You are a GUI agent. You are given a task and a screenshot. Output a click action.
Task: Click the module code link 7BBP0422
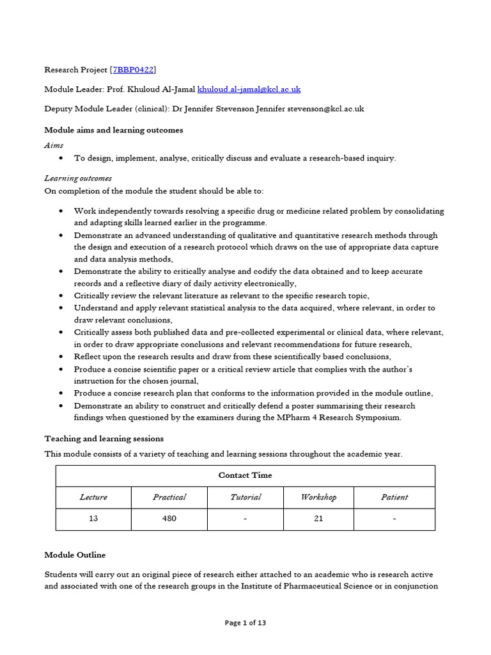(134, 69)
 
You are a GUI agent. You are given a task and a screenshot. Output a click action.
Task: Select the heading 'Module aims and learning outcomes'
(114, 130)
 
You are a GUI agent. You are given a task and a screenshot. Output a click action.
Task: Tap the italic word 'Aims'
(54, 146)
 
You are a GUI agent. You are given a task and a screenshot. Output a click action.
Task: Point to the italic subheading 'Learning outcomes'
(77, 178)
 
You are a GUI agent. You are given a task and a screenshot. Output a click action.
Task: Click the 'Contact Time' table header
(245, 475)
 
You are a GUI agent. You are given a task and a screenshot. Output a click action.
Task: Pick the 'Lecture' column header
(93, 497)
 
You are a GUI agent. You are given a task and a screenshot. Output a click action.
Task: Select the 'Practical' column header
(169, 497)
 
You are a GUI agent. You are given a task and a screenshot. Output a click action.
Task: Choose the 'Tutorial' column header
(245, 497)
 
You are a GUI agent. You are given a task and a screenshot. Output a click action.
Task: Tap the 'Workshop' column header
(318, 497)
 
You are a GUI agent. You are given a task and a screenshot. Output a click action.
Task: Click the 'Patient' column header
(394, 497)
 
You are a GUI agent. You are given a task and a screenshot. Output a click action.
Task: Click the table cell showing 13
(93, 519)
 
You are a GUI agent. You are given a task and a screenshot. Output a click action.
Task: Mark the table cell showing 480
(169, 519)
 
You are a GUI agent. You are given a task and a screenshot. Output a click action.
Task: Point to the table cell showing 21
(318, 519)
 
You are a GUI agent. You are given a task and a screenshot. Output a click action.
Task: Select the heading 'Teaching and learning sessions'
(104, 439)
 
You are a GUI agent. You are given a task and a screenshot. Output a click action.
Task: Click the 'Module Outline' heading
(75, 555)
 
